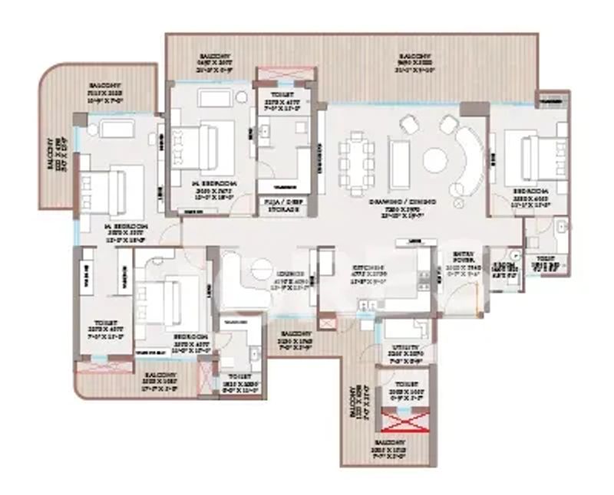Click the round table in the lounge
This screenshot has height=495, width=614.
(262, 268)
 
